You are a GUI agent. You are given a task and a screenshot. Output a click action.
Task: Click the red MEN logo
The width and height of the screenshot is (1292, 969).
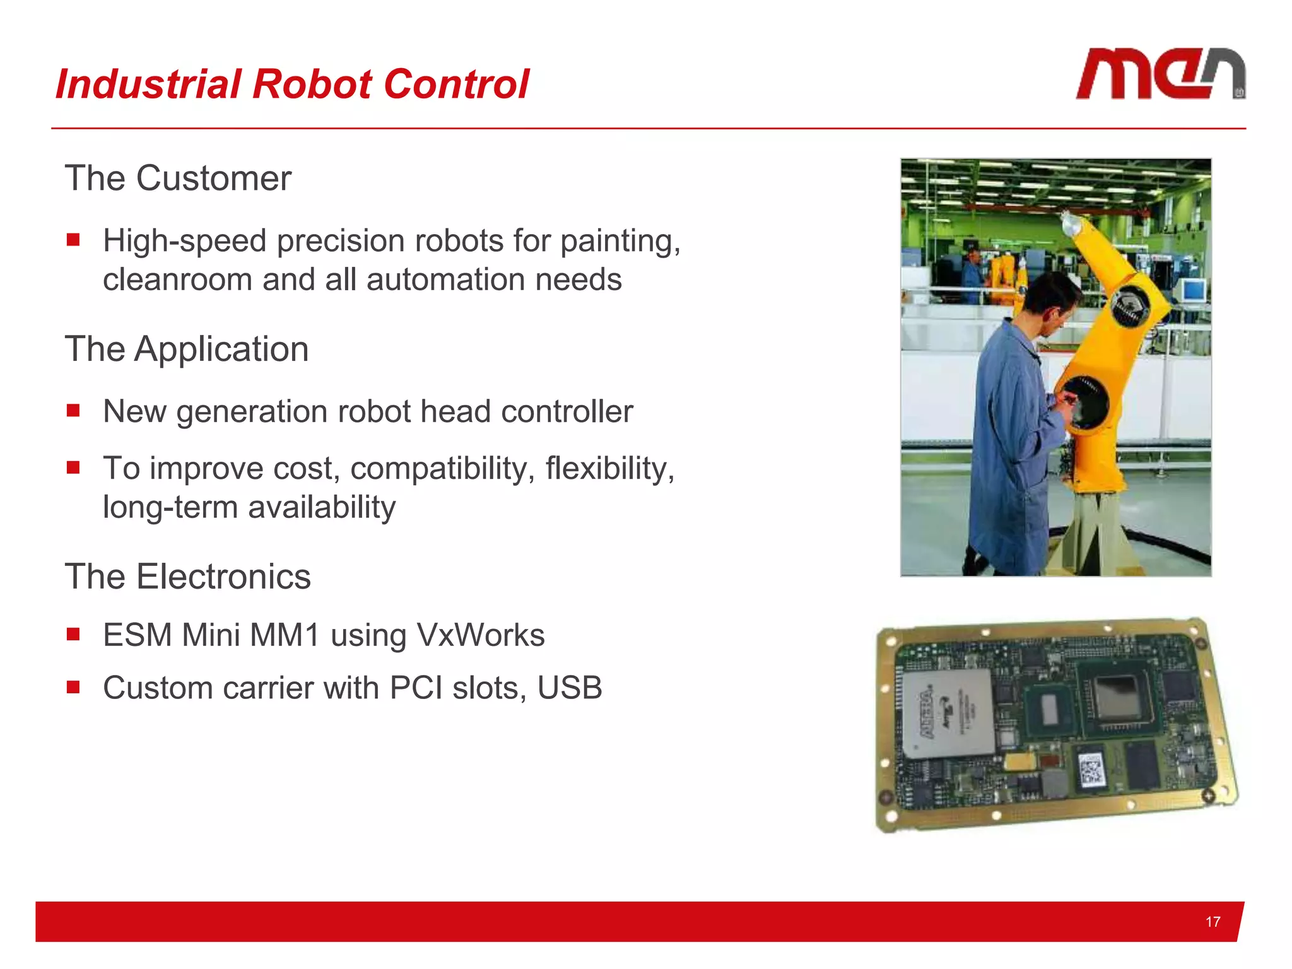(1160, 74)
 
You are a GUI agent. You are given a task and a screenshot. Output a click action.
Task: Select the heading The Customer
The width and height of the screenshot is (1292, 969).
(178, 179)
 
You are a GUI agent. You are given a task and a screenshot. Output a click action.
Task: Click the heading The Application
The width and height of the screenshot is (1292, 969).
(187, 349)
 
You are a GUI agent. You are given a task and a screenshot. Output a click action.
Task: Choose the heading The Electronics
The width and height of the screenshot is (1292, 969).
(188, 577)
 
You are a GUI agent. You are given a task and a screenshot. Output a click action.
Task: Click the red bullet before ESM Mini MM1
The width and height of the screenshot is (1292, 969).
(73, 634)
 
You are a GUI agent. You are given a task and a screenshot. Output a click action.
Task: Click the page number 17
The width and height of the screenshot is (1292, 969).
(1212, 922)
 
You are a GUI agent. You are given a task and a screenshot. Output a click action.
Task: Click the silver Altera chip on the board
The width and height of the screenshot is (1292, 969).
(948, 714)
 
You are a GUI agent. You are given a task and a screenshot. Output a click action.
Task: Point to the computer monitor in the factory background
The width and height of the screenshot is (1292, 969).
(1193, 291)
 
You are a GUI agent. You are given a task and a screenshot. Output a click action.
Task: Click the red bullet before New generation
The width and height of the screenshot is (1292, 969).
(73, 411)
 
